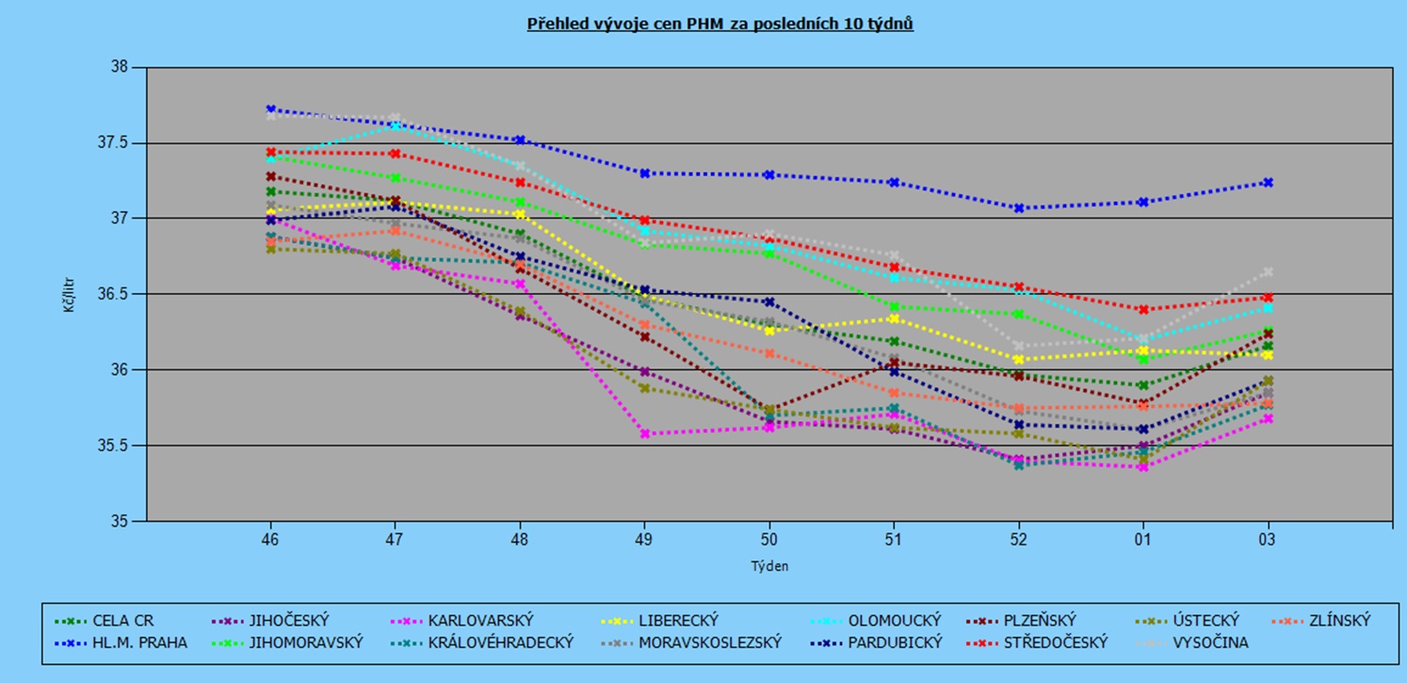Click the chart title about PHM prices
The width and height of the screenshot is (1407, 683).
[x=720, y=24]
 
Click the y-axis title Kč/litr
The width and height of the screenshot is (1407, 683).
[x=69, y=294]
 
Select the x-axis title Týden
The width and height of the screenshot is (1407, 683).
[x=768, y=566]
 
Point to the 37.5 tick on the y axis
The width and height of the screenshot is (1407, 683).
[x=121, y=143]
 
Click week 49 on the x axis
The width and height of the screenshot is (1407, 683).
[x=644, y=539]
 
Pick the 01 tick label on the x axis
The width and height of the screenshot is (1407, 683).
[x=1143, y=539]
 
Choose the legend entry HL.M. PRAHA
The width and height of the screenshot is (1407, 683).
[x=139, y=642]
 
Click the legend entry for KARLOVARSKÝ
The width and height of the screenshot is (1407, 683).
[x=480, y=621]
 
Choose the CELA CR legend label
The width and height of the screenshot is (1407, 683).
[x=122, y=621]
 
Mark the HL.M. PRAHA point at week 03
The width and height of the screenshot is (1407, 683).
[x=1268, y=183]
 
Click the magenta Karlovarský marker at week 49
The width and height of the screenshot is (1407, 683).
[x=644, y=434]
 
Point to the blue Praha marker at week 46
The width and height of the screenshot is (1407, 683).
[x=270, y=109]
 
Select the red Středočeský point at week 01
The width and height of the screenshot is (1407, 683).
[x=1143, y=309]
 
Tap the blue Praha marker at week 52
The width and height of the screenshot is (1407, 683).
[x=1019, y=208]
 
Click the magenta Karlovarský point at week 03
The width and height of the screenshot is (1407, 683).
[x=1268, y=418]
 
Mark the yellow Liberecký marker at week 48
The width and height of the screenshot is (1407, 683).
[x=520, y=215]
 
